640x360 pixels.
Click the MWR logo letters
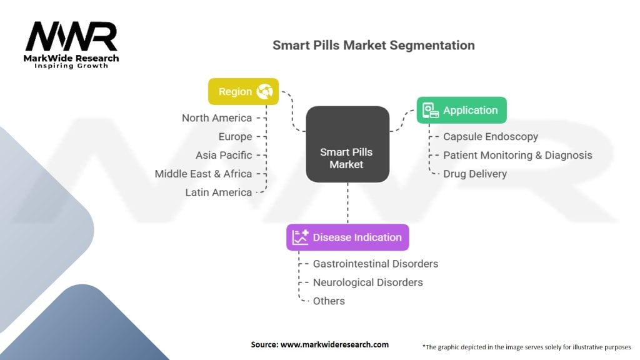point(71,37)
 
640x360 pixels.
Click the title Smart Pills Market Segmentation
point(373,46)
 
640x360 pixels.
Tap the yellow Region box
point(243,92)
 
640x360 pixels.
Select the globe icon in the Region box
point(264,92)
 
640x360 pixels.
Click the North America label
point(217,118)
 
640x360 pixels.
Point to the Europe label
point(235,137)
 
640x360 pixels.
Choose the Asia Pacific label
point(224,155)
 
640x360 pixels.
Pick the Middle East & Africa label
point(203,174)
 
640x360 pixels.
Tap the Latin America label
point(219,192)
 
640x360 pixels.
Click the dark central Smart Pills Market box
point(347,144)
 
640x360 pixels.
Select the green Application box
point(461,111)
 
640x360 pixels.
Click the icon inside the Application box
point(430,111)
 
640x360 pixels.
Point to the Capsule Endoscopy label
point(490,136)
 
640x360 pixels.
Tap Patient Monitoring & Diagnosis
point(517,155)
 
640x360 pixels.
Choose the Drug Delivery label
point(475,174)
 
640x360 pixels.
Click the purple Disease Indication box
point(347,237)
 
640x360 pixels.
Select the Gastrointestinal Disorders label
point(376,264)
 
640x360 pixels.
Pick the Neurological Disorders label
point(367,282)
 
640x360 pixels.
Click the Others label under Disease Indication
point(329,301)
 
